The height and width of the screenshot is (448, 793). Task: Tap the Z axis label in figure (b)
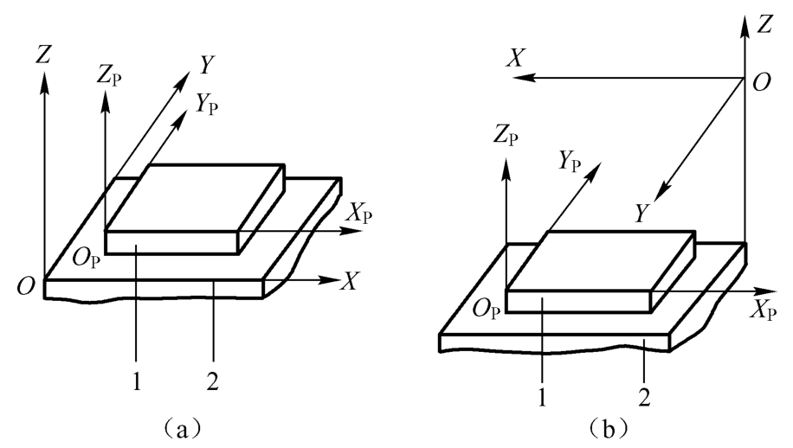click(764, 24)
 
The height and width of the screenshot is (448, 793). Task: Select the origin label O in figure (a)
click(26, 286)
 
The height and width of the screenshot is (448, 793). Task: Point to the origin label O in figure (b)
click(762, 82)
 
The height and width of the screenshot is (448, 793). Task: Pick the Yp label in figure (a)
click(207, 105)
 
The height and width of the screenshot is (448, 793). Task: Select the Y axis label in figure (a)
click(205, 65)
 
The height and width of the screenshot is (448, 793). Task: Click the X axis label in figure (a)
click(349, 281)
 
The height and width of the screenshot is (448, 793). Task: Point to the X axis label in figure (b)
click(516, 59)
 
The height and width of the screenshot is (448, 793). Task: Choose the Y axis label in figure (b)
click(641, 214)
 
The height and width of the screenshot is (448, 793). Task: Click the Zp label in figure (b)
click(506, 138)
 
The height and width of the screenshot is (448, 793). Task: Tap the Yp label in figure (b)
click(570, 162)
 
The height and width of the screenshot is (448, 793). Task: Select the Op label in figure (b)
click(487, 309)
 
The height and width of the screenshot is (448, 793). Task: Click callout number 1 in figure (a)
click(137, 382)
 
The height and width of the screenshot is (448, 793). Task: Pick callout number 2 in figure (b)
click(644, 398)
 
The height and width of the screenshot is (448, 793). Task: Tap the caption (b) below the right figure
click(609, 429)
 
